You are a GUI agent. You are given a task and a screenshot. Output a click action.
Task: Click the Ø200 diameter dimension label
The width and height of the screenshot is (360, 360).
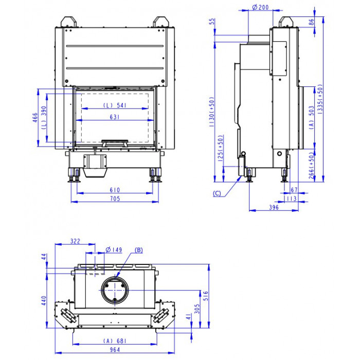click(x=260, y=7)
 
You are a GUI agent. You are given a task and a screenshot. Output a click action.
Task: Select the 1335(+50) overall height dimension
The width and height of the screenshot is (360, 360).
click(x=320, y=98)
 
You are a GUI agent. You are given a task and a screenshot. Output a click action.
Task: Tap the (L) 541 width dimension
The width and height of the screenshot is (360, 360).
click(x=115, y=105)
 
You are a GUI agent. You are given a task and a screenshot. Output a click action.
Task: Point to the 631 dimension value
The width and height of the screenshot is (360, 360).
click(x=115, y=117)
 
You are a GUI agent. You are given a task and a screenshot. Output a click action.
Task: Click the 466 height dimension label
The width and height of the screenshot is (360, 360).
click(x=35, y=117)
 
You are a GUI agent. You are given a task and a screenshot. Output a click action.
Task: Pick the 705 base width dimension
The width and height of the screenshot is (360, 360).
click(x=115, y=199)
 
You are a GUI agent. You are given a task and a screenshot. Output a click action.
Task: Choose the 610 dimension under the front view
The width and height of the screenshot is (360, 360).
click(x=115, y=190)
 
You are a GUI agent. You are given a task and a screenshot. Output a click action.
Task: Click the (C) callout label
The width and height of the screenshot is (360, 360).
click(x=217, y=193)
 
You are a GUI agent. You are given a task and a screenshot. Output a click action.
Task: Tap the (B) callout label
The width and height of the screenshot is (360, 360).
click(x=139, y=250)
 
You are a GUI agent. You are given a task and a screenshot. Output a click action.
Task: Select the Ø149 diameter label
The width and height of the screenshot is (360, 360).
click(x=114, y=249)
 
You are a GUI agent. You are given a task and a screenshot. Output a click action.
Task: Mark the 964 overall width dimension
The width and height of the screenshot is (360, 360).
click(x=115, y=350)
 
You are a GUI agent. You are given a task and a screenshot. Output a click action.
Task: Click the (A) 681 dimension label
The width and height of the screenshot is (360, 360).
click(x=115, y=341)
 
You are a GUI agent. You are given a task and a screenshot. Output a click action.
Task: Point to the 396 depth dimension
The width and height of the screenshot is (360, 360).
click(x=274, y=207)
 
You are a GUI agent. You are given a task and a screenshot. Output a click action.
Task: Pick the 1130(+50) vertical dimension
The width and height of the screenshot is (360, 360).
click(x=212, y=112)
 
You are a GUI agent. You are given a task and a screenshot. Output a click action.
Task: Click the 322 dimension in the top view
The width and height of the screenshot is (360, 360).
click(x=75, y=241)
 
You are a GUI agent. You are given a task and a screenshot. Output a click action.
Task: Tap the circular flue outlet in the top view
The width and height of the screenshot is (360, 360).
click(x=115, y=290)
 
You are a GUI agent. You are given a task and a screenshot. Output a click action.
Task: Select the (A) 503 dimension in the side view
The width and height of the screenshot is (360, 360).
click(x=312, y=117)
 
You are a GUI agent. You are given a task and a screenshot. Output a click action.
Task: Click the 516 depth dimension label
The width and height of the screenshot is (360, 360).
click(x=206, y=296)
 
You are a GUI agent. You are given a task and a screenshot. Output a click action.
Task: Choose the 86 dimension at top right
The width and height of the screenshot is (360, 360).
click(x=311, y=22)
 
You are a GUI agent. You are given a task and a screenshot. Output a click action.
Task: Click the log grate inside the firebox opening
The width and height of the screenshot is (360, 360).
click(x=115, y=143)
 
